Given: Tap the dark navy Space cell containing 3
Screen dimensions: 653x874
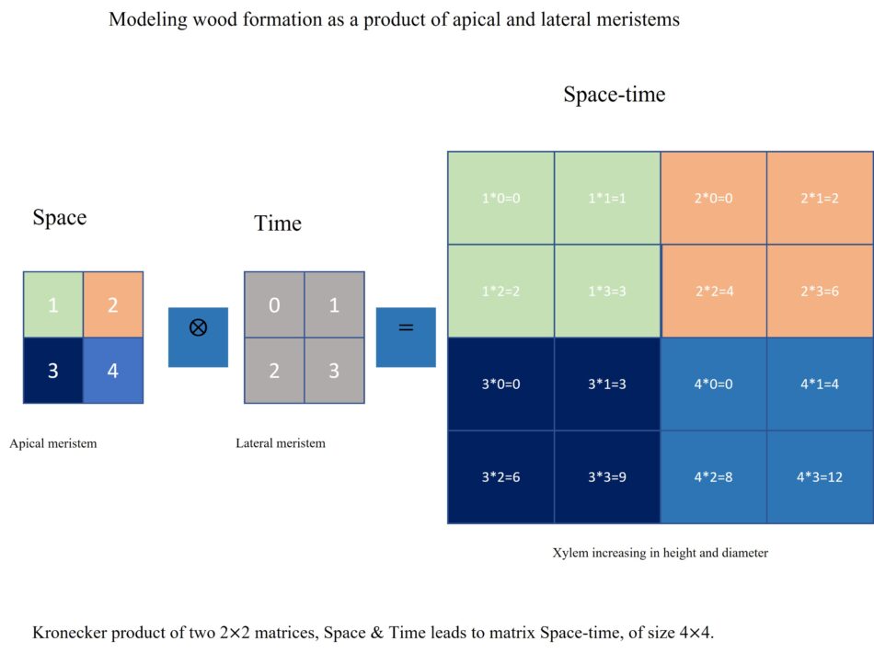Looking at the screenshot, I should (52, 371).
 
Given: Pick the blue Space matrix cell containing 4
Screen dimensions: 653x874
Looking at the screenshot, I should (112, 371).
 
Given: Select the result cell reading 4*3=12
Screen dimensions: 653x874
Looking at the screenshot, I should (819, 477).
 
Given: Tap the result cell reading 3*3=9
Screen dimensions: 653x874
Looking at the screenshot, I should (607, 477).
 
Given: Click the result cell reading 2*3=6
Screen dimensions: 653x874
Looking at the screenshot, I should (819, 291).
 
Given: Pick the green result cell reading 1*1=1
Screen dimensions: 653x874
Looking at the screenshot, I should (607, 198).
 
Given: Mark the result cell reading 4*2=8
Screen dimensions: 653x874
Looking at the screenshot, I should (713, 477).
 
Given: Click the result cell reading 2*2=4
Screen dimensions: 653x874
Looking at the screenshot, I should (713, 291).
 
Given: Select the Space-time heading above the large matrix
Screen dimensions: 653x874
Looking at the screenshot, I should (614, 95).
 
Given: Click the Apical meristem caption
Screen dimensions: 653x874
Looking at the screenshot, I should (53, 443).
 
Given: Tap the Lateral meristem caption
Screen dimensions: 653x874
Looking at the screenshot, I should (281, 443).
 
